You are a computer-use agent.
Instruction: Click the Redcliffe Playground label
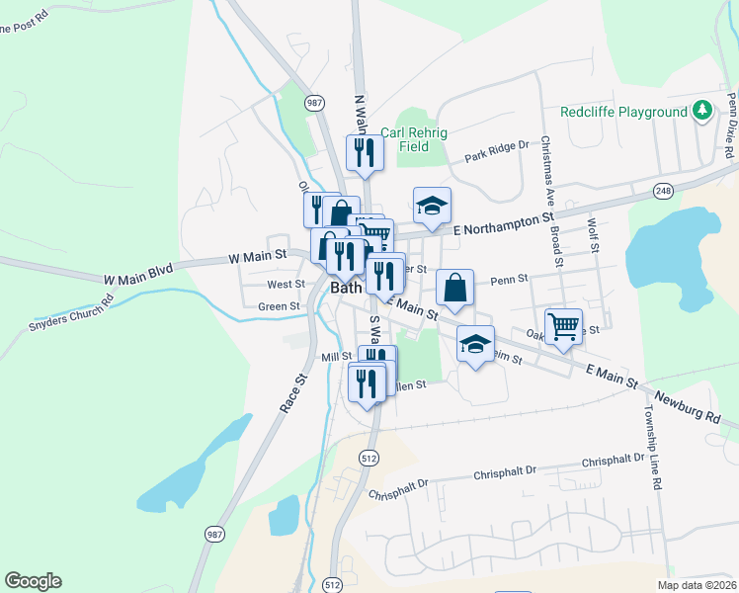pyautogui.click(x=623, y=112)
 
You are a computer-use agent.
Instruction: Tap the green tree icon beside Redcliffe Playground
pyautogui.click(x=702, y=110)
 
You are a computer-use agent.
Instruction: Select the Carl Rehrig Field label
pyautogui.click(x=406, y=138)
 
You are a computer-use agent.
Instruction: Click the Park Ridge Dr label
pyautogui.click(x=497, y=151)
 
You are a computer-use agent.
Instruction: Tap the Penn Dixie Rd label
pyautogui.click(x=729, y=127)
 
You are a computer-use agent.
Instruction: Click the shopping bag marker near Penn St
pyautogui.click(x=454, y=288)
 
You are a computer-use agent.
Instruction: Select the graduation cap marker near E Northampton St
pyautogui.click(x=432, y=206)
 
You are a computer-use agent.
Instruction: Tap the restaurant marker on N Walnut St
pyautogui.click(x=364, y=152)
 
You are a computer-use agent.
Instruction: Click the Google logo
pyautogui.click(x=33, y=581)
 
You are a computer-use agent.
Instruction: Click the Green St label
pyautogui.click(x=279, y=306)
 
